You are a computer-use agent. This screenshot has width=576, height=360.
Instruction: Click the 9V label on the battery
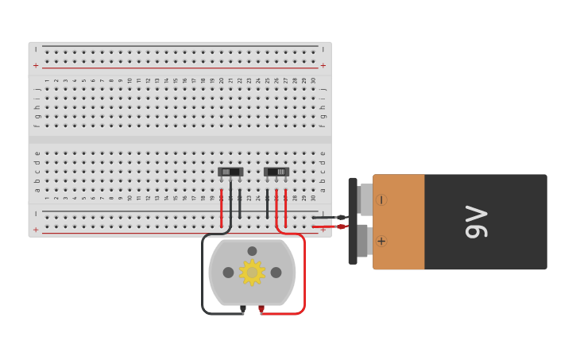click(477, 222)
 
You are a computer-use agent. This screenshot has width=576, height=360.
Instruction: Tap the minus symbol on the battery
click(381, 199)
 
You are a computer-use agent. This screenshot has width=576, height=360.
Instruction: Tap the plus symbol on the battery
click(381, 241)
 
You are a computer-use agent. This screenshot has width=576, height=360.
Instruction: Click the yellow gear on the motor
click(252, 273)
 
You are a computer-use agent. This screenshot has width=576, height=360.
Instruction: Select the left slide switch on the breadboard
click(230, 172)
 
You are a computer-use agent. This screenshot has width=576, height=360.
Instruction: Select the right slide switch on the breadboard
click(276, 172)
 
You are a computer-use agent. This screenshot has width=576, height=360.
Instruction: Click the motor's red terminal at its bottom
click(261, 308)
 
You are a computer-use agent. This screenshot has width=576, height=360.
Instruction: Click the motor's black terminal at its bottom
click(243, 308)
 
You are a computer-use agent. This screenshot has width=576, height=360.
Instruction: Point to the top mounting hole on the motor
click(252, 251)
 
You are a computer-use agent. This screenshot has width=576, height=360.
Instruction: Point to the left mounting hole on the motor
click(228, 273)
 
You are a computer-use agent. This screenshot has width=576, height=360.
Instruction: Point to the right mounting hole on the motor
click(276, 273)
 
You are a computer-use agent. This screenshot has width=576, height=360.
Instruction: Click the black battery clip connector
click(353, 221)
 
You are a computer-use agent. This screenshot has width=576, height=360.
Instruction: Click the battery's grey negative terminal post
click(365, 199)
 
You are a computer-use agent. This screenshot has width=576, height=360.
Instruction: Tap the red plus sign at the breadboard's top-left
click(35, 65)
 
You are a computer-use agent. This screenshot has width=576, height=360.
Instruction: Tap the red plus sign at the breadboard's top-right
click(323, 65)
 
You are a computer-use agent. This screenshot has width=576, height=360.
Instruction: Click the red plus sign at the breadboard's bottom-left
click(35, 229)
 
